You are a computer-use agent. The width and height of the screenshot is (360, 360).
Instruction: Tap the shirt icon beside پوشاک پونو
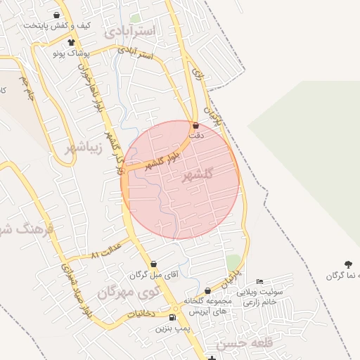[x=71, y=42]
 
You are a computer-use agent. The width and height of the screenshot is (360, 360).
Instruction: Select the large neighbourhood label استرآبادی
[x=133, y=32]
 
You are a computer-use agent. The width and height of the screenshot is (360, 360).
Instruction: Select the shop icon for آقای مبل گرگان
[x=154, y=264]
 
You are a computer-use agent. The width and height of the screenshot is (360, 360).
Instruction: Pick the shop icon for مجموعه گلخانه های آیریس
[x=207, y=290]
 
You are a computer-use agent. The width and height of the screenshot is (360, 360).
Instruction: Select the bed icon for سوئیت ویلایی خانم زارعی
[x=259, y=281]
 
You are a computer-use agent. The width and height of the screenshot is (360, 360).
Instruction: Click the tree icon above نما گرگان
[x=348, y=264]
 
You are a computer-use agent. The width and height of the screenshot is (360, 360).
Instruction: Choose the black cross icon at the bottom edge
[x=212, y=357]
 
